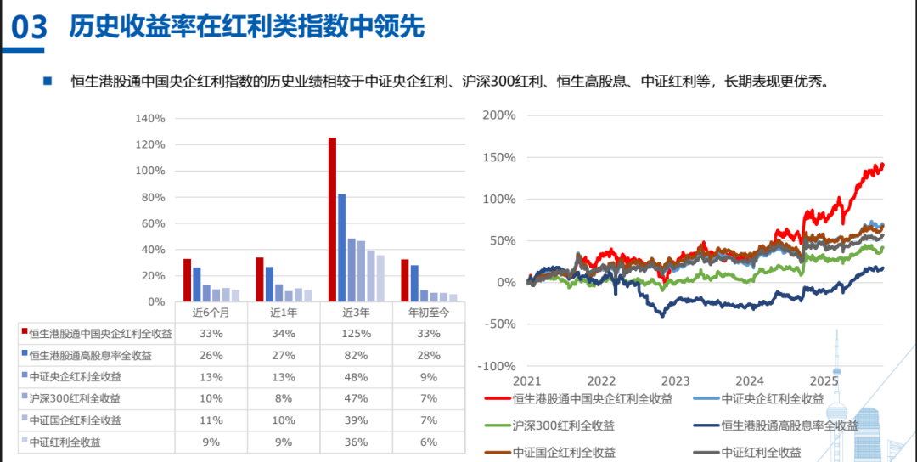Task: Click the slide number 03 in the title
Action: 30,27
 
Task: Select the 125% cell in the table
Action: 356,334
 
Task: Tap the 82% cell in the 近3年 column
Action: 356,355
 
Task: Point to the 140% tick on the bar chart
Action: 150,118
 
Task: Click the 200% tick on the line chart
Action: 499,115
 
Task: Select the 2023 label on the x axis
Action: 676,381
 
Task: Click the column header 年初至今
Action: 429,312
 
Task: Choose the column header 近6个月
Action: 211,312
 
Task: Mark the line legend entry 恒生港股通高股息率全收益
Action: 773,425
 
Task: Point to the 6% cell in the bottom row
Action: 429,442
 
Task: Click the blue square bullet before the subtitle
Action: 48,82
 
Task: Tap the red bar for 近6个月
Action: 188,280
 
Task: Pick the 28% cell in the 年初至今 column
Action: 429,355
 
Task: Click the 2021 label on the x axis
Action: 526,381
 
